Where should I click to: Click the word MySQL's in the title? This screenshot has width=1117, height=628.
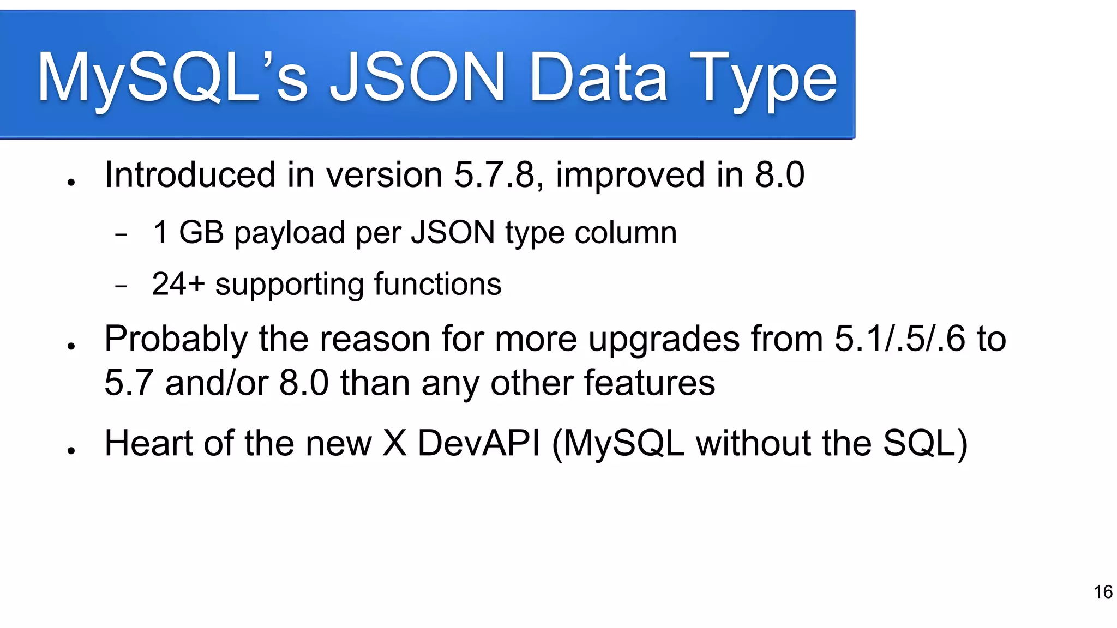(172, 77)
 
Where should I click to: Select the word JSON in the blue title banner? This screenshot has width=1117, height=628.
(418, 77)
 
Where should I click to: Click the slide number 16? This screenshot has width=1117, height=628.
(1103, 592)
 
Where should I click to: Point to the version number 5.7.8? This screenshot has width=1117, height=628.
(494, 175)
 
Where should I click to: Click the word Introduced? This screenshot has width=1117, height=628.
(190, 175)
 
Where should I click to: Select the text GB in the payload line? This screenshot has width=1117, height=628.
(201, 232)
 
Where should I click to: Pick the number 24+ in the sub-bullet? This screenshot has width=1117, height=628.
(178, 284)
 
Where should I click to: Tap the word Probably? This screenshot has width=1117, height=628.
(176, 339)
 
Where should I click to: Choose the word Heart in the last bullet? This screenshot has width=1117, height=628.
(148, 443)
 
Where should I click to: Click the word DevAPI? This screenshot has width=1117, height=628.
(479, 443)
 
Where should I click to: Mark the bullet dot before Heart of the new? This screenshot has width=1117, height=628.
(71, 450)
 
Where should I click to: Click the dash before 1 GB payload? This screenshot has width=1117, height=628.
(121, 235)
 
